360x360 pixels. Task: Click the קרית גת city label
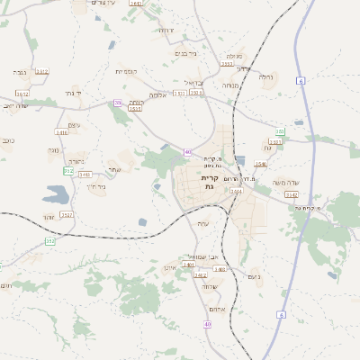click(x=210, y=183)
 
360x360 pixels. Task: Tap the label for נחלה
click(x=266, y=77)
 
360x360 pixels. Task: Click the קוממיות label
click(x=126, y=70)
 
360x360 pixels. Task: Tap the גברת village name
click(x=20, y=71)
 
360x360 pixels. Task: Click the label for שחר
click(x=114, y=170)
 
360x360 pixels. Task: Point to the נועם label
click(x=253, y=276)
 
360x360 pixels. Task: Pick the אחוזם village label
click(x=210, y=287)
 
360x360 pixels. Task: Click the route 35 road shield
click(x=117, y=103)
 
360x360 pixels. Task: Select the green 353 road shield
click(x=49, y=240)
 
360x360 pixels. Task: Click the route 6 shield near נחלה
click(x=300, y=81)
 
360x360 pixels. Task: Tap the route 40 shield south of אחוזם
click(x=208, y=323)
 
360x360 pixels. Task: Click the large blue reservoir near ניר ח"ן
click(x=56, y=193)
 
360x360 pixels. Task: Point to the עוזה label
click(x=203, y=223)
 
